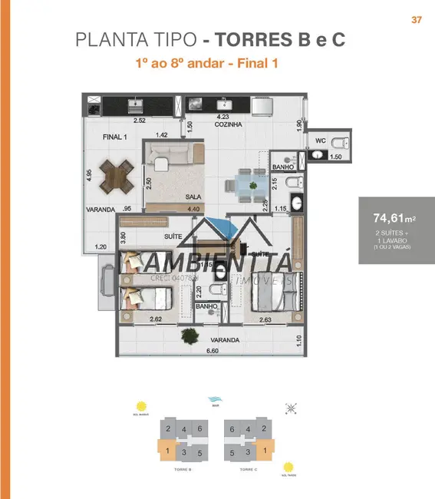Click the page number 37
pos(417,20)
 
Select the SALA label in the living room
pos(193,197)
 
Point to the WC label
pos(321,140)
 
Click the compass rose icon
pos(290,408)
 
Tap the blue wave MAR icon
pos(215,400)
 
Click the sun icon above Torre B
pos(140,406)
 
